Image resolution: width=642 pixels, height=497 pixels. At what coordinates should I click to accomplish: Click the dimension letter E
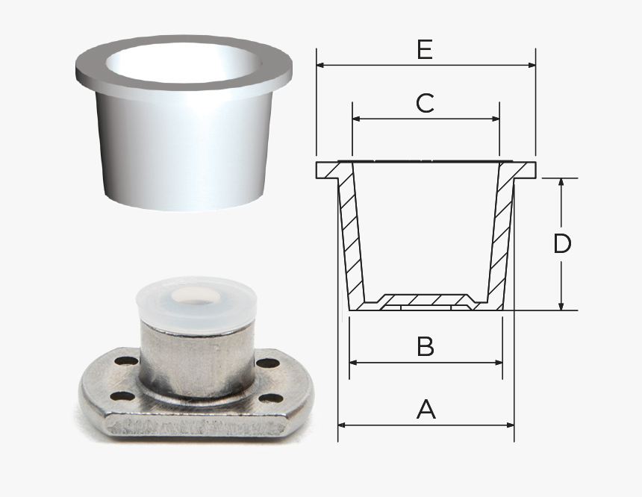pos(425,50)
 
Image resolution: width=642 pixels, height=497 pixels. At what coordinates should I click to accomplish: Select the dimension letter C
pos(425,103)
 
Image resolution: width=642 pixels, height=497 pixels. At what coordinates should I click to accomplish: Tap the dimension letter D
pos(562,244)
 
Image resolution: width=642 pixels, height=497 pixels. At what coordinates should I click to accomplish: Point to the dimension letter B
pos(426,347)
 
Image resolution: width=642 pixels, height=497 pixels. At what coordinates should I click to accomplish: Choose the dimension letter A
pos(426,409)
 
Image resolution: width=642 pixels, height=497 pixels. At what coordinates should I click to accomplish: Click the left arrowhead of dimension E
pos(321,65)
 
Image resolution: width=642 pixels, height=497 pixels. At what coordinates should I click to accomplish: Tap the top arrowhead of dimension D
pos(561,183)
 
